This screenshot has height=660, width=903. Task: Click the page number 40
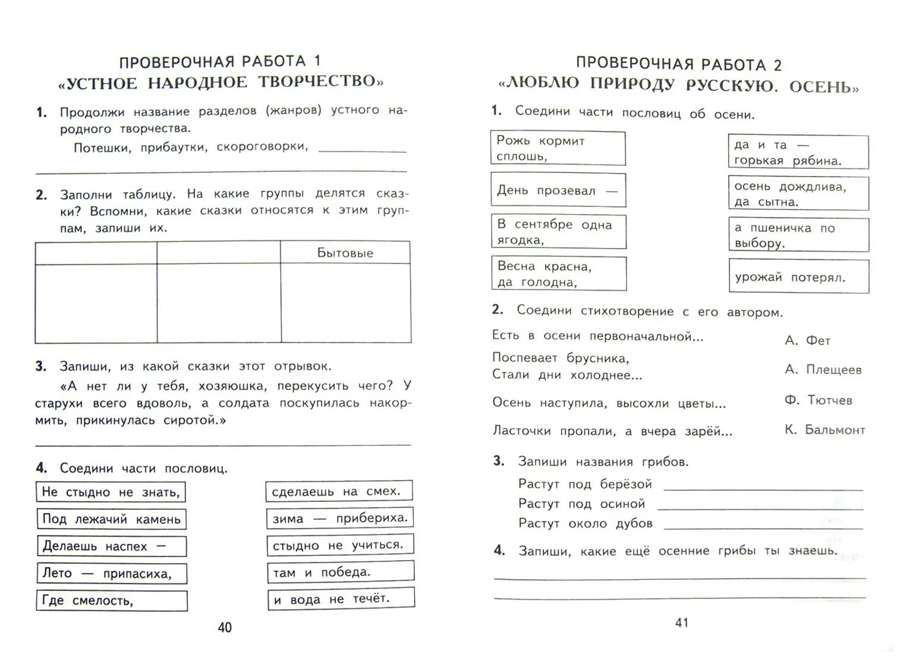[x=225, y=627]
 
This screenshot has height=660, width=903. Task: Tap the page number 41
[x=682, y=623]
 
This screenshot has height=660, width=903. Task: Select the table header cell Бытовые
[x=345, y=253]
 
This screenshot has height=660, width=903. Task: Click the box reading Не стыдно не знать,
[x=111, y=492]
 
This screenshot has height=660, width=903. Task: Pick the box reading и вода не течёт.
[x=341, y=599]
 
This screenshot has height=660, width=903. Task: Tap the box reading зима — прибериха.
[x=339, y=518]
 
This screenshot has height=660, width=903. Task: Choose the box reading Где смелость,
[x=112, y=601]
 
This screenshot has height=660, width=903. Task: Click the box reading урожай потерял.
[x=798, y=277]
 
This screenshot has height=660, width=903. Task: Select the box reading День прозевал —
[x=558, y=190]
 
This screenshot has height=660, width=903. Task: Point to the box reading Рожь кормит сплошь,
[x=558, y=149]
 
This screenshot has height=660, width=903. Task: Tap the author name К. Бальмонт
[x=825, y=430]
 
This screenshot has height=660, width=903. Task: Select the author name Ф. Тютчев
[x=818, y=400]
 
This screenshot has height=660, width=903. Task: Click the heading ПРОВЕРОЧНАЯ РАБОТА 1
[x=220, y=61]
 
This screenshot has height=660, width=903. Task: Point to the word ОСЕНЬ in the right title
[x=823, y=87]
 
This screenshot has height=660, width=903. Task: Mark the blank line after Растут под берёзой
[x=763, y=488]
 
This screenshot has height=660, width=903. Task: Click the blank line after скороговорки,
[x=362, y=150]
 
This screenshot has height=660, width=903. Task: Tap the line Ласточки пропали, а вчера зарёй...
[x=612, y=431]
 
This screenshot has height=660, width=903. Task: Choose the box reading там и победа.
[x=340, y=572]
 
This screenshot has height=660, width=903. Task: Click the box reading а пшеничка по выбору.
[x=798, y=235]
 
